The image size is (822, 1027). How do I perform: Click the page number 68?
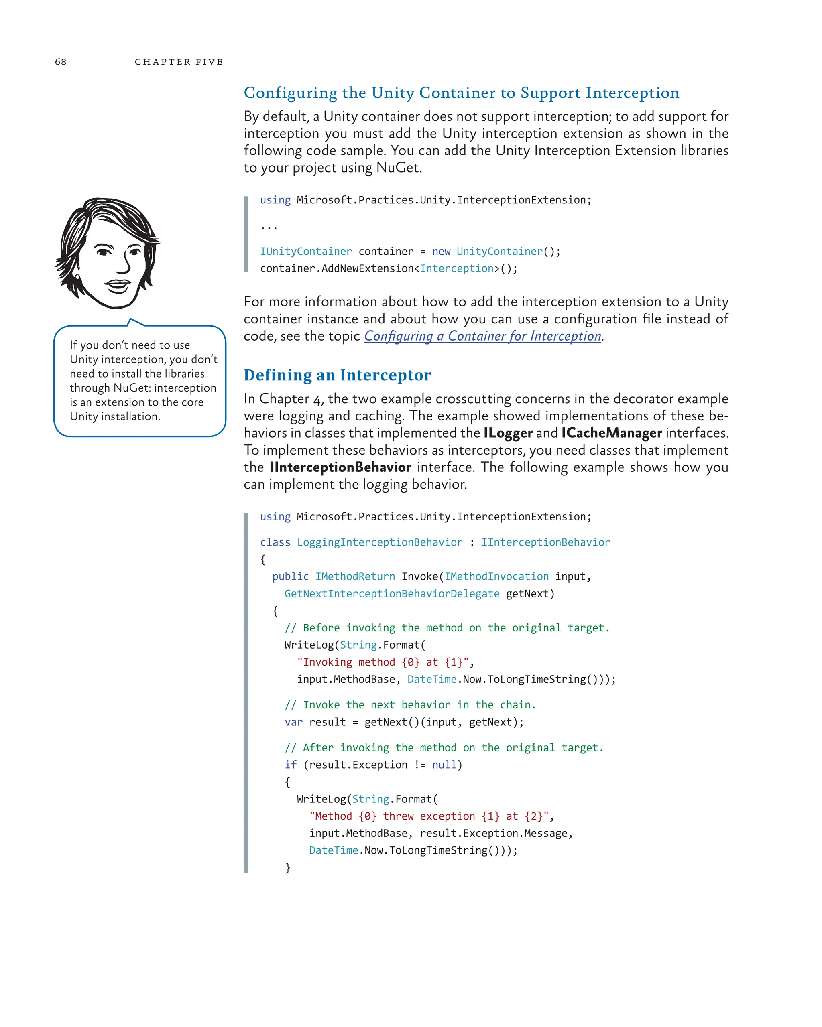tap(61, 62)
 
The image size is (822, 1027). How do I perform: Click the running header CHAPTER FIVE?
tap(179, 62)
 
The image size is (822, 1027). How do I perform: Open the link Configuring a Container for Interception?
tap(482, 336)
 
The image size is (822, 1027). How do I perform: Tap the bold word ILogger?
tap(507, 433)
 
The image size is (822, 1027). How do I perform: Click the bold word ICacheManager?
tap(611, 433)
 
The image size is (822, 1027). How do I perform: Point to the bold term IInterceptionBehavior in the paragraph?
tap(340, 467)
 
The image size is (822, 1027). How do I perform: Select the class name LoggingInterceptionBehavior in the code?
tap(379, 542)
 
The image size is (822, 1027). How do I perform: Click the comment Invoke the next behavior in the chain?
tap(410, 705)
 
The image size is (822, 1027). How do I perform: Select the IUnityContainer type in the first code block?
tap(306, 252)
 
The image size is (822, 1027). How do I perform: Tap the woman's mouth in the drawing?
tap(118, 286)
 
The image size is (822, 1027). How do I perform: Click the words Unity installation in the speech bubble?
tap(114, 417)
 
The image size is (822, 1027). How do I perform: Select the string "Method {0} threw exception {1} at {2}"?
tap(428, 816)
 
